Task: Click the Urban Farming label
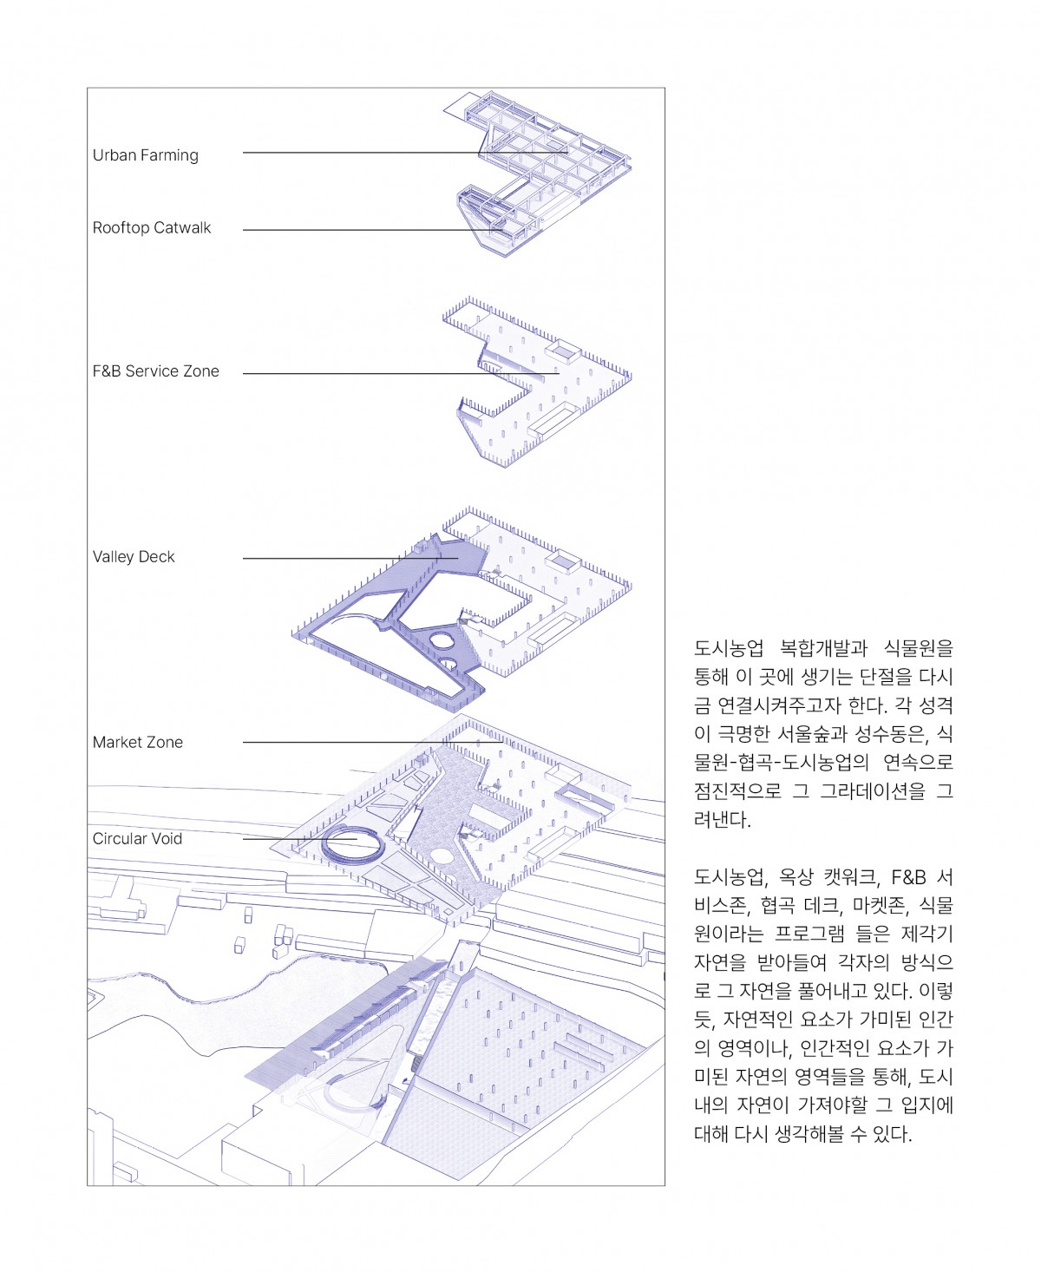146,155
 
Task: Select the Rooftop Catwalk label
152,228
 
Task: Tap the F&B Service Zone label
156,371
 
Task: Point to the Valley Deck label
134,557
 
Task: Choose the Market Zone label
138,743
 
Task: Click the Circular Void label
138,839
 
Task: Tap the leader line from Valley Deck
347,558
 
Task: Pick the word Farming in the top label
171,156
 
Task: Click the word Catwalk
182,228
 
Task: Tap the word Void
167,839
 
